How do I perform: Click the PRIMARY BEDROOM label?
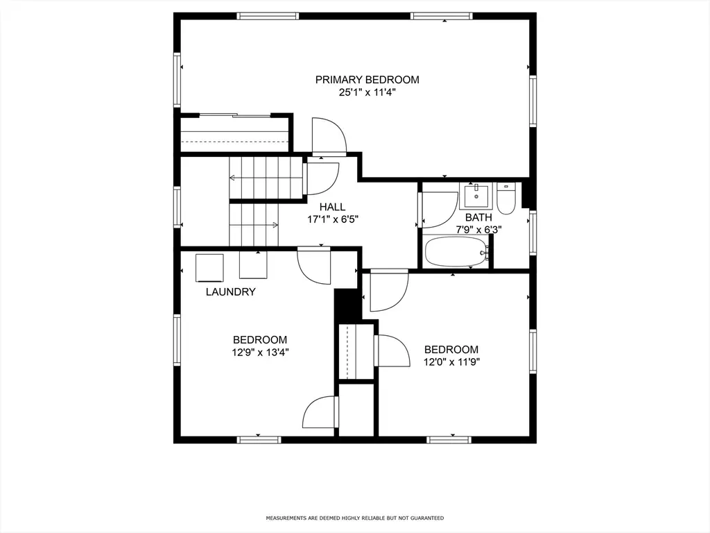click(x=367, y=80)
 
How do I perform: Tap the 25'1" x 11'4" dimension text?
click(x=367, y=93)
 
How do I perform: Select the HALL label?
click(x=332, y=207)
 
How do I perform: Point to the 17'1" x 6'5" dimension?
click(x=333, y=220)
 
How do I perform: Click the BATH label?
click(x=478, y=217)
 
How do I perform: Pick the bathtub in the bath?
click(x=457, y=251)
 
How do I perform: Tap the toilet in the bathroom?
click(x=506, y=198)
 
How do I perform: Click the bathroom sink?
click(x=476, y=195)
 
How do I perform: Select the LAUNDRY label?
click(x=230, y=292)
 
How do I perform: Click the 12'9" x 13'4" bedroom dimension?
click(x=261, y=353)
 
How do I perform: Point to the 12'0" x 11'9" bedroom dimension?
click(x=451, y=362)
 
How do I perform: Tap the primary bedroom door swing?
click(x=329, y=136)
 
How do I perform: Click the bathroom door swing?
click(x=439, y=210)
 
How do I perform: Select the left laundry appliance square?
click(x=209, y=268)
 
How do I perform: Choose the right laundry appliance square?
click(x=253, y=265)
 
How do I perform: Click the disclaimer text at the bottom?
click(x=354, y=518)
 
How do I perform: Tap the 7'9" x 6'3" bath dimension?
click(x=478, y=230)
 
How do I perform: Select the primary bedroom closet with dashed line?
click(x=234, y=135)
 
